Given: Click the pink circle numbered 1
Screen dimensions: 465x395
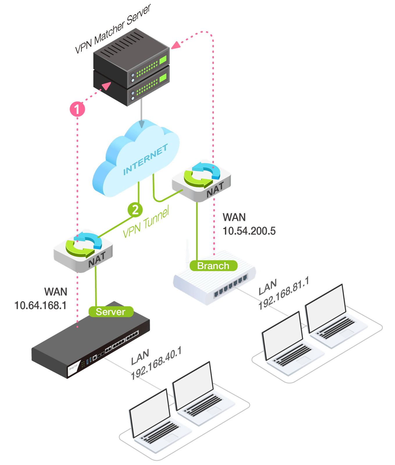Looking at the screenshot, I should tap(77, 109).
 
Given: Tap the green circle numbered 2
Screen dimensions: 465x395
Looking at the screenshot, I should tap(135, 210).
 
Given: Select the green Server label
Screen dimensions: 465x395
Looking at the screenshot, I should tap(111, 312).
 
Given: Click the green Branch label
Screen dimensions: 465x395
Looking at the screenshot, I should tap(213, 266).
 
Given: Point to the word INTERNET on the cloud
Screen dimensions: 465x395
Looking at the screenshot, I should tap(145, 160).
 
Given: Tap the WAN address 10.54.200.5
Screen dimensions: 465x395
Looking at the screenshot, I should tap(249, 231).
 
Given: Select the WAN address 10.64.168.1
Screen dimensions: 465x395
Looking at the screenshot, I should tap(40, 305).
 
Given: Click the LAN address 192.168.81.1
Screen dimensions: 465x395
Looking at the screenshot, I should tap(283, 294).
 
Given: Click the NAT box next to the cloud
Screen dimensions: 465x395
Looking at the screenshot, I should tap(202, 180).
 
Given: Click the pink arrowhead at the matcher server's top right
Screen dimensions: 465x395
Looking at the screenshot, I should tap(176, 45).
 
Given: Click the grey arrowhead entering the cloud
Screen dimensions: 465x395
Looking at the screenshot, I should tap(142, 124).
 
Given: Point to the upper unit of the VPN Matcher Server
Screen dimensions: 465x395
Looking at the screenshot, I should tap(131, 55).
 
